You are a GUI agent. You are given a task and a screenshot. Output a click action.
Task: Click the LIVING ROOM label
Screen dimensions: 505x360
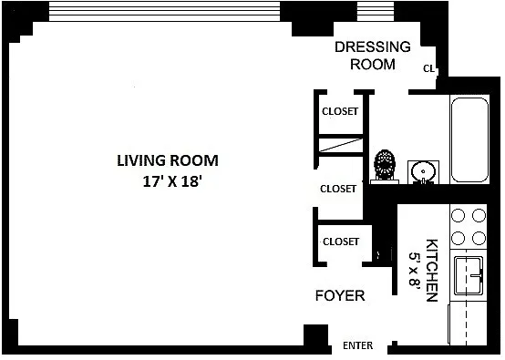click(x=168, y=160)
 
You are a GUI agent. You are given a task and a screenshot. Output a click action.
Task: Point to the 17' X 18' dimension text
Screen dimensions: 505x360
click(x=172, y=181)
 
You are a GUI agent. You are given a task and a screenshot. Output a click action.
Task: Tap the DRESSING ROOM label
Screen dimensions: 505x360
click(x=373, y=56)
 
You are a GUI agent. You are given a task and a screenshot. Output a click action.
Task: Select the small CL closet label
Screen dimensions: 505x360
click(x=428, y=68)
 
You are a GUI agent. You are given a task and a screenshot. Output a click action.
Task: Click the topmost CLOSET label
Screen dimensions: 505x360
click(x=340, y=111)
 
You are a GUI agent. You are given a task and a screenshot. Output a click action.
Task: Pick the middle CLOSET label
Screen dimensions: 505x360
click(x=338, y=189)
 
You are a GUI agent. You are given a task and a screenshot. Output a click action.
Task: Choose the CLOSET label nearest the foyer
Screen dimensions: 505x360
click(x=341, y=242)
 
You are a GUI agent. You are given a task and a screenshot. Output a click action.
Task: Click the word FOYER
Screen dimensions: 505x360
click(x=340, y=295)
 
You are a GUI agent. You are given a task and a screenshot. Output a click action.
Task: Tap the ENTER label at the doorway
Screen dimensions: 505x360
click(x=358, y=345)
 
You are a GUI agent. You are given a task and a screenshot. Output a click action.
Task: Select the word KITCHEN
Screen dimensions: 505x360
click(x=432, y=270)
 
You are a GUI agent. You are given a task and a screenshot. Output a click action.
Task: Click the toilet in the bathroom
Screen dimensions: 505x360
click(x=385, y=167)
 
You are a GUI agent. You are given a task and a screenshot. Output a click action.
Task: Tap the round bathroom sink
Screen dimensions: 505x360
click(x=423, y=172)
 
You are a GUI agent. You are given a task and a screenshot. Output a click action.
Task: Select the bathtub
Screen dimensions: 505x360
click(x=469, y=140)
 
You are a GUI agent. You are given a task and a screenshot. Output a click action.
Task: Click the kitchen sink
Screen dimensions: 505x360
click(x=469, y=275)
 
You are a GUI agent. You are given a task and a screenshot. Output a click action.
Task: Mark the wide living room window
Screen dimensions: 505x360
click(x=164, y=11)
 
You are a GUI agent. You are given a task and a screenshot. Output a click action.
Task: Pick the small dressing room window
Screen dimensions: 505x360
click(x=376, y=11)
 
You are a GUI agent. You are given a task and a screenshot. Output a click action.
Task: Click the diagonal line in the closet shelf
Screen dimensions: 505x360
click(x=341, y=145)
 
